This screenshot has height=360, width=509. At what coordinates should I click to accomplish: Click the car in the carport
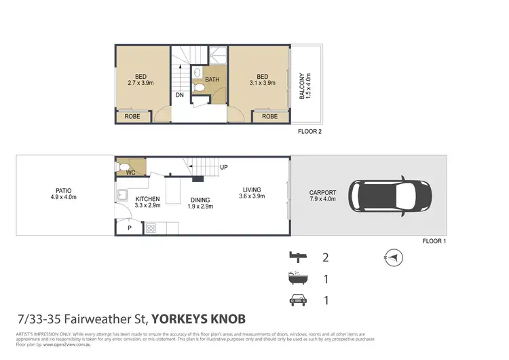tap(391, 196)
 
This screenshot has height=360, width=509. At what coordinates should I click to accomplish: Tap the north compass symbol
tap(394, 257)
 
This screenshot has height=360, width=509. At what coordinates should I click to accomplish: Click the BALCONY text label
tap(305, 87)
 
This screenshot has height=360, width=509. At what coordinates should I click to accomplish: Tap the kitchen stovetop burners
tap(151, 228)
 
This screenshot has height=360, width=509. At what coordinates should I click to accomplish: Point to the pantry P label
tap(129, 229)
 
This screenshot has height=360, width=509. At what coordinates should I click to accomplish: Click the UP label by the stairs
tap(223, 167)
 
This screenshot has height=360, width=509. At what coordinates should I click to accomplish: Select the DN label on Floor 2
tap(179, 96)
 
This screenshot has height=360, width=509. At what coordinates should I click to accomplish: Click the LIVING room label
tap(250, 190)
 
